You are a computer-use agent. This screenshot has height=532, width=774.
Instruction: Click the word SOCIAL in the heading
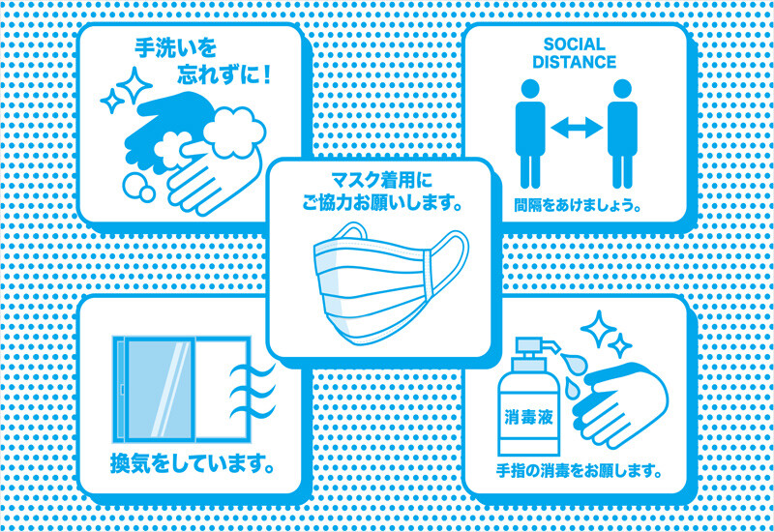(x=574, y=44)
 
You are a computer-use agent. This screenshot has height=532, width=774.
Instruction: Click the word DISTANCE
(x=574, y=62)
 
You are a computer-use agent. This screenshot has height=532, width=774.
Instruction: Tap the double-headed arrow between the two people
(x=576, y=128)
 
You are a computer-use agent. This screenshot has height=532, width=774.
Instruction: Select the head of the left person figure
(x=530, y=89)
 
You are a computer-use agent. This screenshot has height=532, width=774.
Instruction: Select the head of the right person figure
(x=622, y=89)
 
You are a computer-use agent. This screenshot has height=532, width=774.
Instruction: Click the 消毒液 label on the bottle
(x=528, y=418)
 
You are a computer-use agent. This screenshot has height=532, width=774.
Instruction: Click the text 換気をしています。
(x=192, y=463)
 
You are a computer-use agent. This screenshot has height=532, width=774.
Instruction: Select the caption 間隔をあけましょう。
(x=577, y=204)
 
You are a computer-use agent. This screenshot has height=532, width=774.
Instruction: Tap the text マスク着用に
(x=381, y=180)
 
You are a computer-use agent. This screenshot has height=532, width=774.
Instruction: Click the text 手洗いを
(x=176, y=47)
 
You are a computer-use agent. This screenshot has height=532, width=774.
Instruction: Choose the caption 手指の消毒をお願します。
(x=579, y=470)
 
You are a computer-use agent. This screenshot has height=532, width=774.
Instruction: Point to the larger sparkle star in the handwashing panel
(x=134, y=85)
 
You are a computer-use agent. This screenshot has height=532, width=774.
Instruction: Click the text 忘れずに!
(x=223, y=75)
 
